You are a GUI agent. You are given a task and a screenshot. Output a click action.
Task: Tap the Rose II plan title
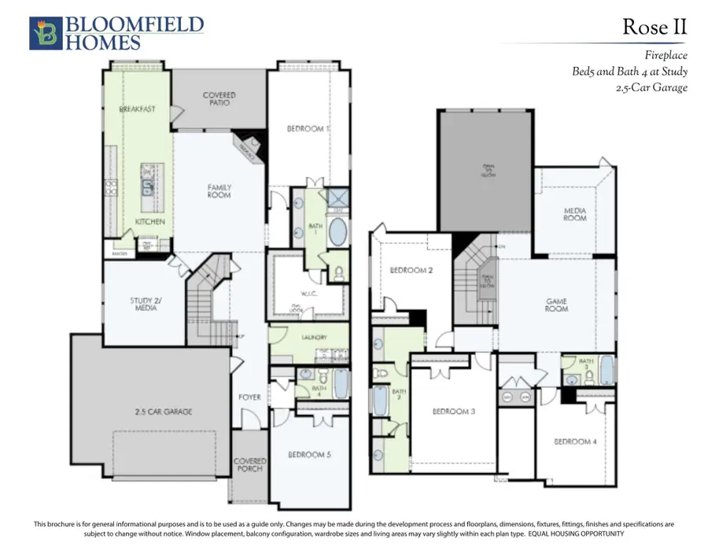click(655, 28)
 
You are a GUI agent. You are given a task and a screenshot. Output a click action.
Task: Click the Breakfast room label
click(136, 109)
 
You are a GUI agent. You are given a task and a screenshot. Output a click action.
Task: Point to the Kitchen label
click(149, 222)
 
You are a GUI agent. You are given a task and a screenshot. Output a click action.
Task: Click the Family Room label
click(219, 191)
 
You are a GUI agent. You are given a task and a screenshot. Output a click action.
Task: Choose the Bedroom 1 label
click(308, 128)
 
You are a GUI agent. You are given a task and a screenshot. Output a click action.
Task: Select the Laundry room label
click(309, 338)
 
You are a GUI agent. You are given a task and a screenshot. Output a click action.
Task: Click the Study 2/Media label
click(146, 303)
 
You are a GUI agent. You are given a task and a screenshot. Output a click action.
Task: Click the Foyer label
click(249, 397)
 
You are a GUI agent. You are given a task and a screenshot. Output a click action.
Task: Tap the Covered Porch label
click(250, 464)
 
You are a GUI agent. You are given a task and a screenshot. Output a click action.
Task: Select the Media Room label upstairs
click(574, 213)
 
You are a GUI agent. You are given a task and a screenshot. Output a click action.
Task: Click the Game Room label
click(557, 305)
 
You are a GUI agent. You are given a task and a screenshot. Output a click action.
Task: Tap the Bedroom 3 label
click(454, 411)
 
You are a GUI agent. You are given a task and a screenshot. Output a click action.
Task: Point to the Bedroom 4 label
click(574, 442)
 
